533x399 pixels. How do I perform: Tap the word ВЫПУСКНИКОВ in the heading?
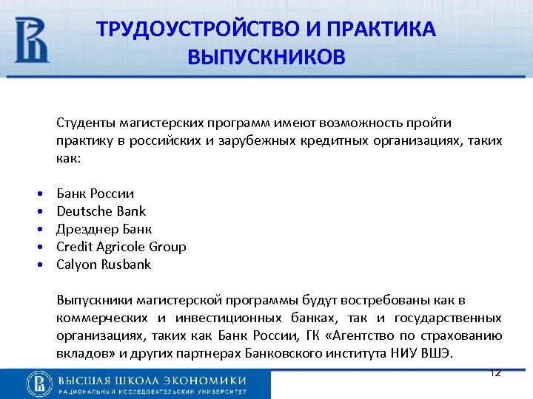pos(266,57)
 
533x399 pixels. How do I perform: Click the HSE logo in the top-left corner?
pos(32,40)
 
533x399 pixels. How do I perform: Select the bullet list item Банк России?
pos(95,194)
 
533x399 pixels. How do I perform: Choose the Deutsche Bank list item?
pos(101,211)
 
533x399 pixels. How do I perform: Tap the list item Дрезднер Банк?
pos(104,229)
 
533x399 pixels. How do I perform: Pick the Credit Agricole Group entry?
pos(121,247)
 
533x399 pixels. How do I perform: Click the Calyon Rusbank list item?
pos(104,265)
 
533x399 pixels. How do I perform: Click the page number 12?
pos(495,372)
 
